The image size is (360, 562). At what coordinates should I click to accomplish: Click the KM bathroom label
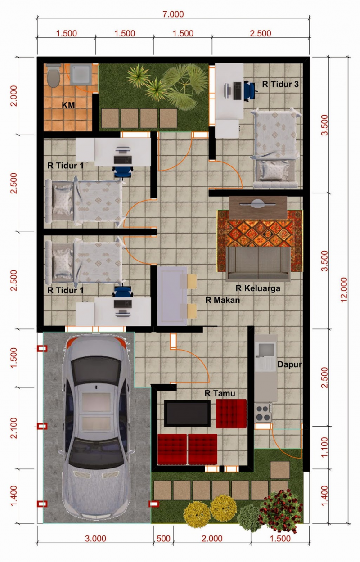[x=68, y=105]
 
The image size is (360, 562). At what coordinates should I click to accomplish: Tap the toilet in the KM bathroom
[x=53, y=76]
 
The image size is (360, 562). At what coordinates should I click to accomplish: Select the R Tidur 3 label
[x=281, y=84]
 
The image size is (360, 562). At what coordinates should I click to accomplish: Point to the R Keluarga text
[x=258, y=288]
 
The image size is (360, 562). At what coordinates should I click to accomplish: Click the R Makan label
[x=223, y=300]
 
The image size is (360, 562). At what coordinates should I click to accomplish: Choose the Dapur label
[x=289, y=364]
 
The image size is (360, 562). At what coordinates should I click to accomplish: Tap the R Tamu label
[x=220, y=393]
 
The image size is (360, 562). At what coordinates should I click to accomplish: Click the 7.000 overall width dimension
[x=173, y=14]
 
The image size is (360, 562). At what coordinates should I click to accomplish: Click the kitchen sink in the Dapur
[x=265, y=350]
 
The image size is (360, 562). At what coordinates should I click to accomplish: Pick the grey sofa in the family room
[x=258, y=263]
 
